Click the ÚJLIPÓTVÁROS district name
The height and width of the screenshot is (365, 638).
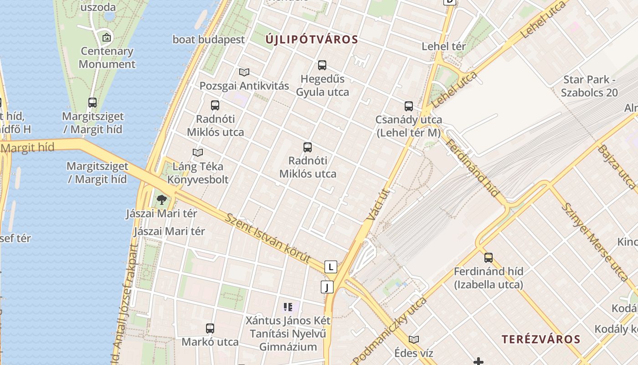click(x=312, y=40)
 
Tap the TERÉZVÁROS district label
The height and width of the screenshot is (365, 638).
click(x=541, y=339)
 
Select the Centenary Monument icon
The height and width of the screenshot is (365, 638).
click(x=107, y=37)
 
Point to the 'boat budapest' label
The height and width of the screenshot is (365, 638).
click(x=209, y=40)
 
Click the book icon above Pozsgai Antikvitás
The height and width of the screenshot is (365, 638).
click(x=244, y=72)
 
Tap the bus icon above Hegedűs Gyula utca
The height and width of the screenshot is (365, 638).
click(x=322, y=65)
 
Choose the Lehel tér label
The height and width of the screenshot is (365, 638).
click(x=444, y=46)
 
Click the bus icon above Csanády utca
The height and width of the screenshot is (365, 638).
click(x=409, y=106)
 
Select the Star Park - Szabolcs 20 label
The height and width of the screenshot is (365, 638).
click(x=589, y=86)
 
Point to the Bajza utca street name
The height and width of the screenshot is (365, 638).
click(x=616, y=167)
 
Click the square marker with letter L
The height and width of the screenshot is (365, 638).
click(x=331, y=267)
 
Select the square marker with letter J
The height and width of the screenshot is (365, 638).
click(x=327, y=287)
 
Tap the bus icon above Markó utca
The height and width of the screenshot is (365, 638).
click(x=210, y=328)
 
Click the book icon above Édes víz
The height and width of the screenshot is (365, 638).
click(x=414, y=339)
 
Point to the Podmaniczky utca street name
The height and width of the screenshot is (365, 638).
click(x=390, y=329)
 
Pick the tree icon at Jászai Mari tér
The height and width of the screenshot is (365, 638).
click(x=161, y=199)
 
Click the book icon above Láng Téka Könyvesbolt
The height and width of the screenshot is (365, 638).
click(x=198, y=152)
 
